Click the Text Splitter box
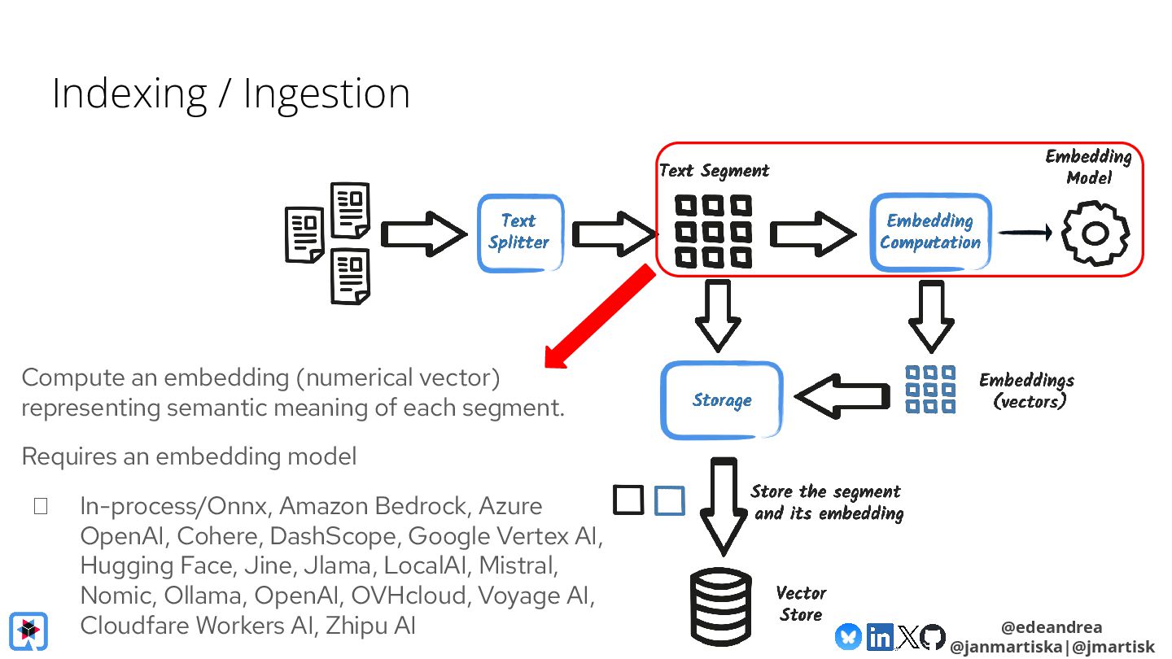point(520,233)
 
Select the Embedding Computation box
point(930,233)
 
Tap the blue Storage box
point(722,400)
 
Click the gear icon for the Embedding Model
point(1095,234)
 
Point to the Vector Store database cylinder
point(721,605)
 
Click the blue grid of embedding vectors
point(930,389)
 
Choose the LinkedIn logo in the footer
point(879,637)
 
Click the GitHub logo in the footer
point(933,637)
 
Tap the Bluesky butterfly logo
point(848,637)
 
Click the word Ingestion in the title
point(326,94)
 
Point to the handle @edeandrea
point(1052,627)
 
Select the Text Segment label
point(714,171)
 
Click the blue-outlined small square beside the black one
point(669,500)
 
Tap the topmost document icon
point(351,209)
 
